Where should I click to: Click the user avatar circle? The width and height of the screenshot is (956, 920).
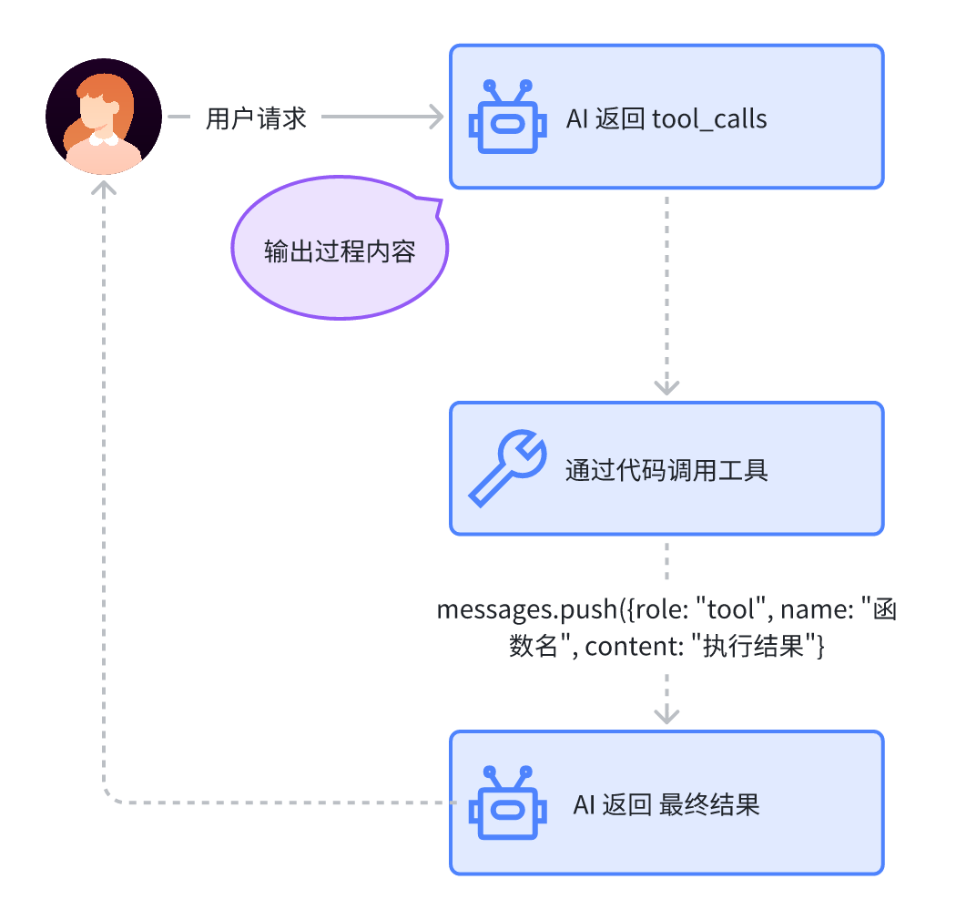(104, 117)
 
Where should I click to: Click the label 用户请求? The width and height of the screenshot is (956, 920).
(256, 118)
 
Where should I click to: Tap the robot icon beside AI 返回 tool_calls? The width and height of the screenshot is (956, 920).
(506, 119)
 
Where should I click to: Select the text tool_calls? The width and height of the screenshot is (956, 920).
(709, 119)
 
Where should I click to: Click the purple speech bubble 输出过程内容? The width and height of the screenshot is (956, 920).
(340, 251)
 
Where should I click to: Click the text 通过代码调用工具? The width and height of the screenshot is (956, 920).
(666, 470)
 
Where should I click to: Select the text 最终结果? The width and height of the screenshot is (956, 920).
(708, 805)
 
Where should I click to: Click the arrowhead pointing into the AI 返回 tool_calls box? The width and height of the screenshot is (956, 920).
(436, 118)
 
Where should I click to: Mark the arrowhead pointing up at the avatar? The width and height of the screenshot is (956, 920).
(105, 188)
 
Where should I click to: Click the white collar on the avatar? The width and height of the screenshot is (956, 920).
(103, 141)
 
